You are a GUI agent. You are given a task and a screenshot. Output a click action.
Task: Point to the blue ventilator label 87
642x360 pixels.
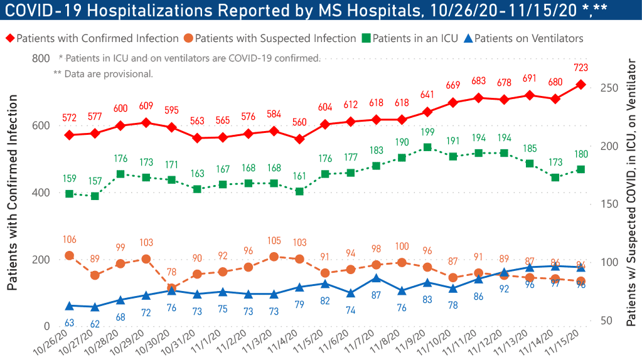376,294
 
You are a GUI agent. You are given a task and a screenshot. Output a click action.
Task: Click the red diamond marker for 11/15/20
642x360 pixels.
580,84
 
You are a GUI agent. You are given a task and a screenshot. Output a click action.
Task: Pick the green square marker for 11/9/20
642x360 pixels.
427,147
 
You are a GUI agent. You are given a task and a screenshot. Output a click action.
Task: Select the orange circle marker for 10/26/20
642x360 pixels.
69,255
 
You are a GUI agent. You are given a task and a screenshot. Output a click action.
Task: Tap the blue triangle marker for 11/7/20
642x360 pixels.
376,278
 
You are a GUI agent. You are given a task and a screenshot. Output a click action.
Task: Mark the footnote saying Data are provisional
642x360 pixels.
104,73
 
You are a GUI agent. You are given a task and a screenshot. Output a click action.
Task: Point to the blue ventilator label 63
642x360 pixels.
69,322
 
